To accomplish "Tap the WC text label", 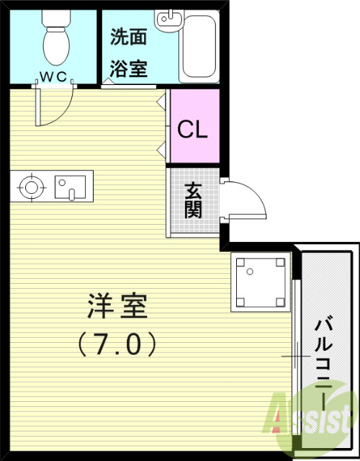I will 53,74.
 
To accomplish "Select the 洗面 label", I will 128,37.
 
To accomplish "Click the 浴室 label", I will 128,68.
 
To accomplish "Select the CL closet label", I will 193,130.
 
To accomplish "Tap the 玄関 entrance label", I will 194,201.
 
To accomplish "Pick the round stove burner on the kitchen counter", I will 31,187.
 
